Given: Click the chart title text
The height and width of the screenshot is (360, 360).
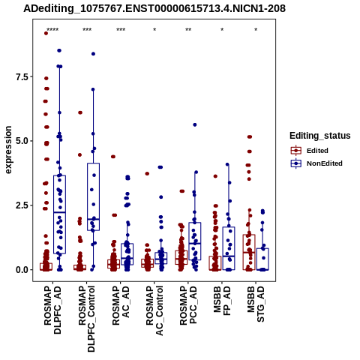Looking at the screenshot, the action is click(x=154, y=9).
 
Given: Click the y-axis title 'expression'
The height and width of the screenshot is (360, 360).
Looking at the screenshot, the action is click(x=8, y=150).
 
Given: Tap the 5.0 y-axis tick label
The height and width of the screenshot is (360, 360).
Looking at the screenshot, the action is click(x=21, y=141).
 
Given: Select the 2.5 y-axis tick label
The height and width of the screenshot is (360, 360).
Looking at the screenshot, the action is click(x=21, y=205).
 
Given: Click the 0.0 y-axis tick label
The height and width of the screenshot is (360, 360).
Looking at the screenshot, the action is click(x=21, y=270).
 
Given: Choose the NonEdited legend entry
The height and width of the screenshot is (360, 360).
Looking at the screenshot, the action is click(x=316, y=163).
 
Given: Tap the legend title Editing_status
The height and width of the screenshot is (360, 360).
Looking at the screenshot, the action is click(x=320, y=136).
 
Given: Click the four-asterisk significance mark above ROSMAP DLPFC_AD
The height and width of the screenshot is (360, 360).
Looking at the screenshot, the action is click(x=52, y=30).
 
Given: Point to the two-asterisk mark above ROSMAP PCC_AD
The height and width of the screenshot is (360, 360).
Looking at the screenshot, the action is click(x=188, y=30).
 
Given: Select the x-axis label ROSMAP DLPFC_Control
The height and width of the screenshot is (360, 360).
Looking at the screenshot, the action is click(x=86, y=319).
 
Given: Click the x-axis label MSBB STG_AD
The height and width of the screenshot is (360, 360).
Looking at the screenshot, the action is click(x=256, y=304).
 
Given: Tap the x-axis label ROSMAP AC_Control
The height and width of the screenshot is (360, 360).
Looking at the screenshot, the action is click(x=154, y=310).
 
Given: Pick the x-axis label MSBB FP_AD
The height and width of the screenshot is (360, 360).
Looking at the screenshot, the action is click(x=222, y=301).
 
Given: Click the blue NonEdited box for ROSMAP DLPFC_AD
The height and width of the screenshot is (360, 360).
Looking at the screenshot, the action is click(x=59, y=214).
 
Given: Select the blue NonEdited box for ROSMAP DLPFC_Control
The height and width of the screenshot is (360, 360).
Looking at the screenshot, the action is click(x=93, y=196).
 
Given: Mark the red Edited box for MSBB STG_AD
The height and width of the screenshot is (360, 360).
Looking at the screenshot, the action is click(x=249, y=252).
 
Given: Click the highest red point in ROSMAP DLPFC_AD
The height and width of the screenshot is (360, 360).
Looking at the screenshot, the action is click(x=46, y=33).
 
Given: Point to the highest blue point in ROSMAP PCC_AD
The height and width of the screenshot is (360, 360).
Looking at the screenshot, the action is click(x=195, y=124).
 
